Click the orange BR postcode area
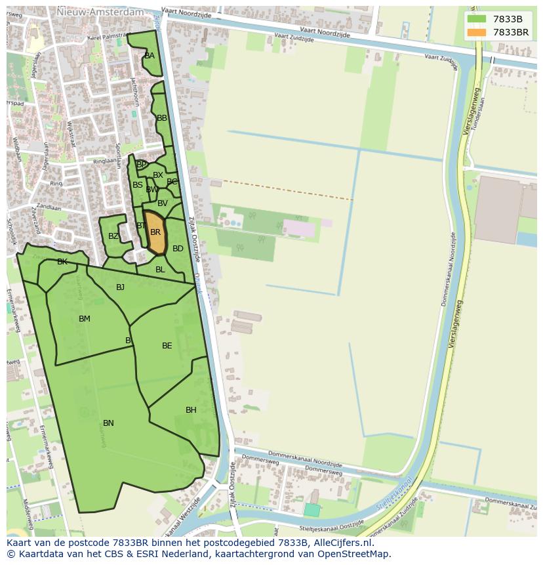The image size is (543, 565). (x=155, y=232)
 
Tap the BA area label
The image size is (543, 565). (x=150, y=56)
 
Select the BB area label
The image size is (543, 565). (x=162, y=118)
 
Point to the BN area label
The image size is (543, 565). (x=108, y=423)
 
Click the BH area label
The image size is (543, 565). (x=191, y=410)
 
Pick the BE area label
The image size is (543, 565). (x=167, y=346)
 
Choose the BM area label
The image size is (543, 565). (x=85, y=319)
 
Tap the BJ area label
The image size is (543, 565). (x=120, y=287)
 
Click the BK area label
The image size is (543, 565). (x=62, y=262)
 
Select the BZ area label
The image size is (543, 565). (x=113, y=236)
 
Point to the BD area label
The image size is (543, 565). (x=178, y=249)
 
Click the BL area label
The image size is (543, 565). (x=160, y=270)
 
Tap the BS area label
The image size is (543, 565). (x=138, y=185)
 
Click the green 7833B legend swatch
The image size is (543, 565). (x=477, y=19)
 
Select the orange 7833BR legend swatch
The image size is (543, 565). (x=477, y=32)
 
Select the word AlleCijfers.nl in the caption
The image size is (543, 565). (x=340, y=543)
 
